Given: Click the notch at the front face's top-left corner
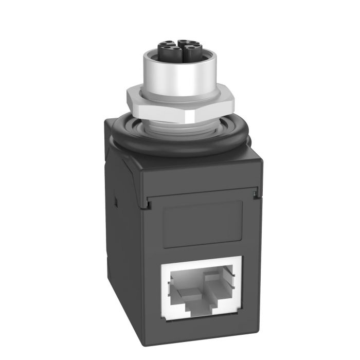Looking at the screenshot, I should pyautogui.click(x=147, y=205).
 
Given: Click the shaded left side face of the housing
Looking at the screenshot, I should pyautogui.click(x=121, y=231).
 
